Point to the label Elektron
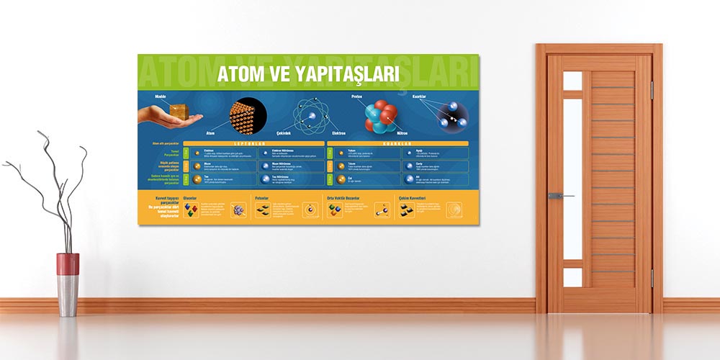(339, 133)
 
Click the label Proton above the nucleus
(357, 96)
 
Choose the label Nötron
(402, 133)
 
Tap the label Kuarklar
(420, 96)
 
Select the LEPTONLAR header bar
(253, 143)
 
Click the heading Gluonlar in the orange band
(190, 197)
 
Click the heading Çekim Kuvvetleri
(412, 197)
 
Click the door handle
(558, 195)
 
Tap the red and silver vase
(68, 284)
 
